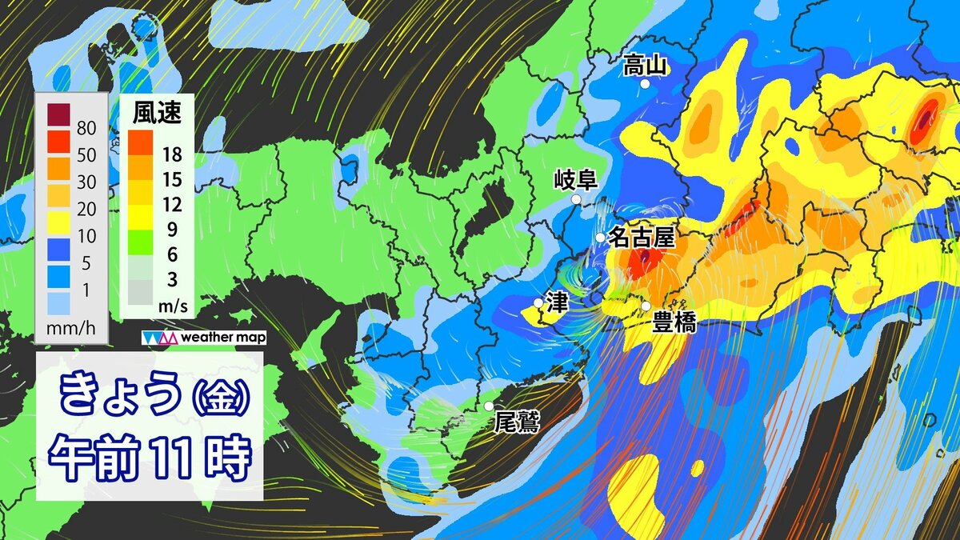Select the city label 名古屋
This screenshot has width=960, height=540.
[x=642, y=237]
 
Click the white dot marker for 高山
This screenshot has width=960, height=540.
[x=645, y=83]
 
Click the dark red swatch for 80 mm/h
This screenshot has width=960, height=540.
[x=58, y=116]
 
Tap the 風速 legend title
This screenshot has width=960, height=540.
[x=156, y=114]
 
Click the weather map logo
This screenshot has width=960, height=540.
[x=204, y=338]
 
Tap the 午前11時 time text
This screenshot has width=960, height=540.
[x=150, y=457]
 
